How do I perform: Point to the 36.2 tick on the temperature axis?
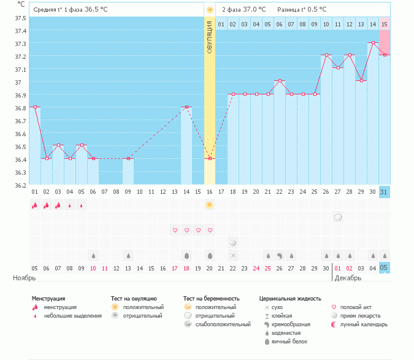(x=21, y=185)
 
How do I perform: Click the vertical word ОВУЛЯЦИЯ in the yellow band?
(x=210, y=37)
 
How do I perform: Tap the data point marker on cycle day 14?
(x=186, y=107)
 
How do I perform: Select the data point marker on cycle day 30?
(x=373, y=42)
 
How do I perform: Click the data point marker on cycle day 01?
(x=35, y=107)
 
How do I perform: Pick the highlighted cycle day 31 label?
(x=384, y=192)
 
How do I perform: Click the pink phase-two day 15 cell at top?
(x=384, y=24)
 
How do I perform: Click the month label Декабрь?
(x=348, y=278)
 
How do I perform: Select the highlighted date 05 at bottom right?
(x=384, y=268)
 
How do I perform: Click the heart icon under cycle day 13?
(x=175, y=230)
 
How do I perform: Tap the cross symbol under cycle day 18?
(x=233, y=255)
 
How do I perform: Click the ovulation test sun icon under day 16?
(x=210, y=205)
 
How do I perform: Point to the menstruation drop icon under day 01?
(x=35, y=205)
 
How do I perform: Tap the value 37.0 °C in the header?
(x=255, y=9)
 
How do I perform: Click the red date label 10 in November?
(x=93, y=268)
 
